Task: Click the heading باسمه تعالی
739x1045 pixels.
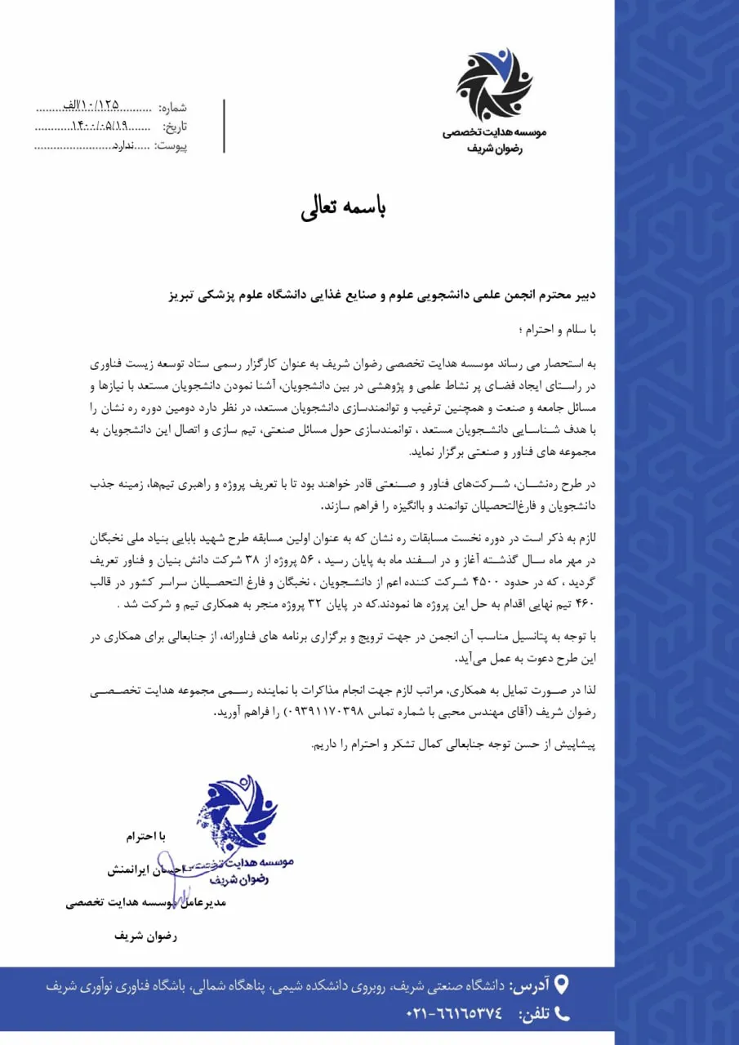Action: coord(343,207)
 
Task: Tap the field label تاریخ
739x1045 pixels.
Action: coord(175,127)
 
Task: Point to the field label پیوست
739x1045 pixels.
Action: coord(171,146)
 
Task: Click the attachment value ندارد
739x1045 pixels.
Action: coord(121,146)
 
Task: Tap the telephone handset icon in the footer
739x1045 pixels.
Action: coord(561,1013)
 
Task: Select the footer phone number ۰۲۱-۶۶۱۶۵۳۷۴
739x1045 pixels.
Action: coord(454,1014)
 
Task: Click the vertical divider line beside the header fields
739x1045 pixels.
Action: coord(224,126)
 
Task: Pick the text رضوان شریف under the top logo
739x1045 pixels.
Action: coord(495,149)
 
